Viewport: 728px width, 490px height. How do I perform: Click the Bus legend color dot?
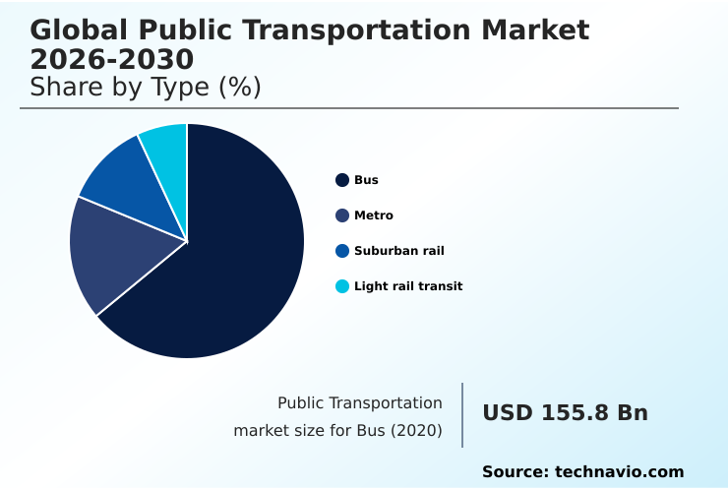(342, 180)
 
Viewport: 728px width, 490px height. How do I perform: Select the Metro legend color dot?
(342, 215)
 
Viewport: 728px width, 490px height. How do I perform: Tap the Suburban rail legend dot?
(342, 251)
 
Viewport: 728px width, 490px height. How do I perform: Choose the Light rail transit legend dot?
(342, 286)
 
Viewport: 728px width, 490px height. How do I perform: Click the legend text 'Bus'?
(366, 180)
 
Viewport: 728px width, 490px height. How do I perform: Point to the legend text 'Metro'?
(374, 215)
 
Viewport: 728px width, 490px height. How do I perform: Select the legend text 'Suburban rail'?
(399, 251)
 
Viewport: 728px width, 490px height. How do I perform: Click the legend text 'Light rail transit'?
(408, 286)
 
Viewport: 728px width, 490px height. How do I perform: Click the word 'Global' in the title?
(74, 30)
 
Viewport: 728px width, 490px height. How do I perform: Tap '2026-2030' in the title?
(112, 59)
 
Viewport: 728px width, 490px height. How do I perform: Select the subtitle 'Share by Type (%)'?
(146, 88)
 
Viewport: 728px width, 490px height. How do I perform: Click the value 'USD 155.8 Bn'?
(565, 413)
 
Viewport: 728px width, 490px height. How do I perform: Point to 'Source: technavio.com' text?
(582, 472)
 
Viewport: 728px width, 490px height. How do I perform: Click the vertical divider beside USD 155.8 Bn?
(462, 415)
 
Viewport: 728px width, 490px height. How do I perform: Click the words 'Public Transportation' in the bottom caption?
(360, 402)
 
